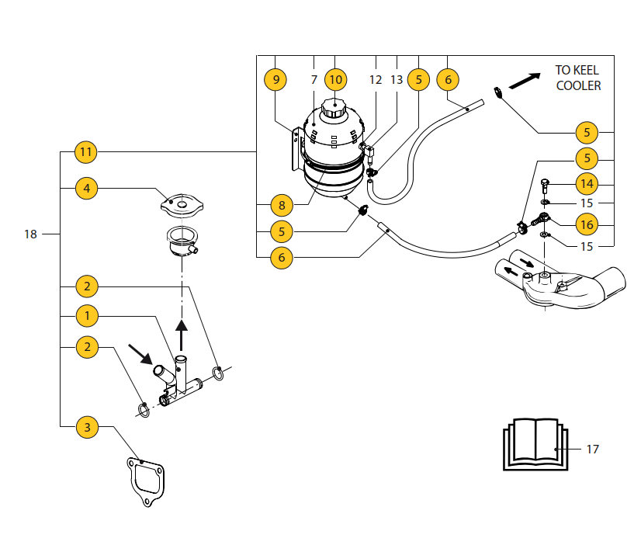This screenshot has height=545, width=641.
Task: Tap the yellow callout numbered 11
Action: coord(86,152)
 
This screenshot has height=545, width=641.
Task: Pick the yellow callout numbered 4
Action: coord(86,188)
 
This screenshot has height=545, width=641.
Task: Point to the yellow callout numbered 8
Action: coord(282,206)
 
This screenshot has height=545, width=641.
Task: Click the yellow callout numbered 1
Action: coord(86,316)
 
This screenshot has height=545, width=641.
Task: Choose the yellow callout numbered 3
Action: coord(86,427)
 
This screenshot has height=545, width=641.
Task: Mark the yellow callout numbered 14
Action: coord(587,184)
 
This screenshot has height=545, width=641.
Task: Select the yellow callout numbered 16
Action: coord(587,224)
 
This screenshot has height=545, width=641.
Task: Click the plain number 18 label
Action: coord(30,234)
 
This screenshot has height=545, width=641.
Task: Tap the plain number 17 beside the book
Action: coord(592,449)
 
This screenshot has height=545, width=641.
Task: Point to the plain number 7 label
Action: coord(314,79)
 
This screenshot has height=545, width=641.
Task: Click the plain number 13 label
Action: coord(397,79)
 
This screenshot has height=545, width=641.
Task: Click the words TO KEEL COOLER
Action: coord(578,77)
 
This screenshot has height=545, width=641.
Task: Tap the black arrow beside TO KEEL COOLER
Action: coord(525,81)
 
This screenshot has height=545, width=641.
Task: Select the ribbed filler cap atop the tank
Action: coord(334,109)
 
